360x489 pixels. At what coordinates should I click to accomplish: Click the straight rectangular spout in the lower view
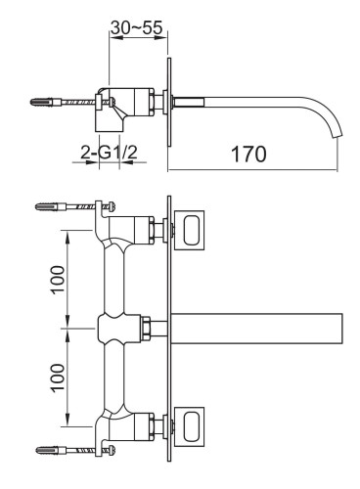click(259, 327)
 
